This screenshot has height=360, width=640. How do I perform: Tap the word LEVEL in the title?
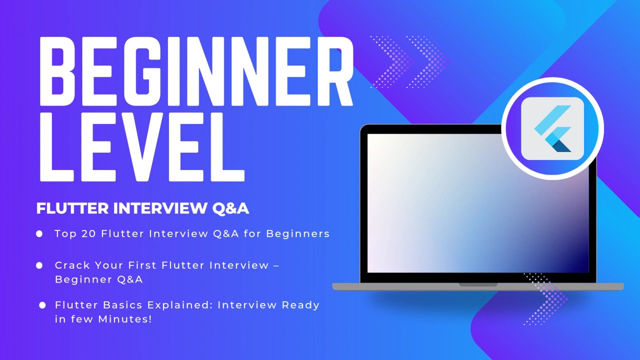click(142, 147)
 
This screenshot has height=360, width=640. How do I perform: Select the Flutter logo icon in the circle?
click(552, 128)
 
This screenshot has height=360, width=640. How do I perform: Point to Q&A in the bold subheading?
click(230, 208)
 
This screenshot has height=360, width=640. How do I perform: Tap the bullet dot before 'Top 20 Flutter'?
click(39, 233)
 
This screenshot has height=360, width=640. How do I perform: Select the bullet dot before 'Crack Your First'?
click(39, 265)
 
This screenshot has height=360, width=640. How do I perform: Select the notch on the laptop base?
click(478, 284)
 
